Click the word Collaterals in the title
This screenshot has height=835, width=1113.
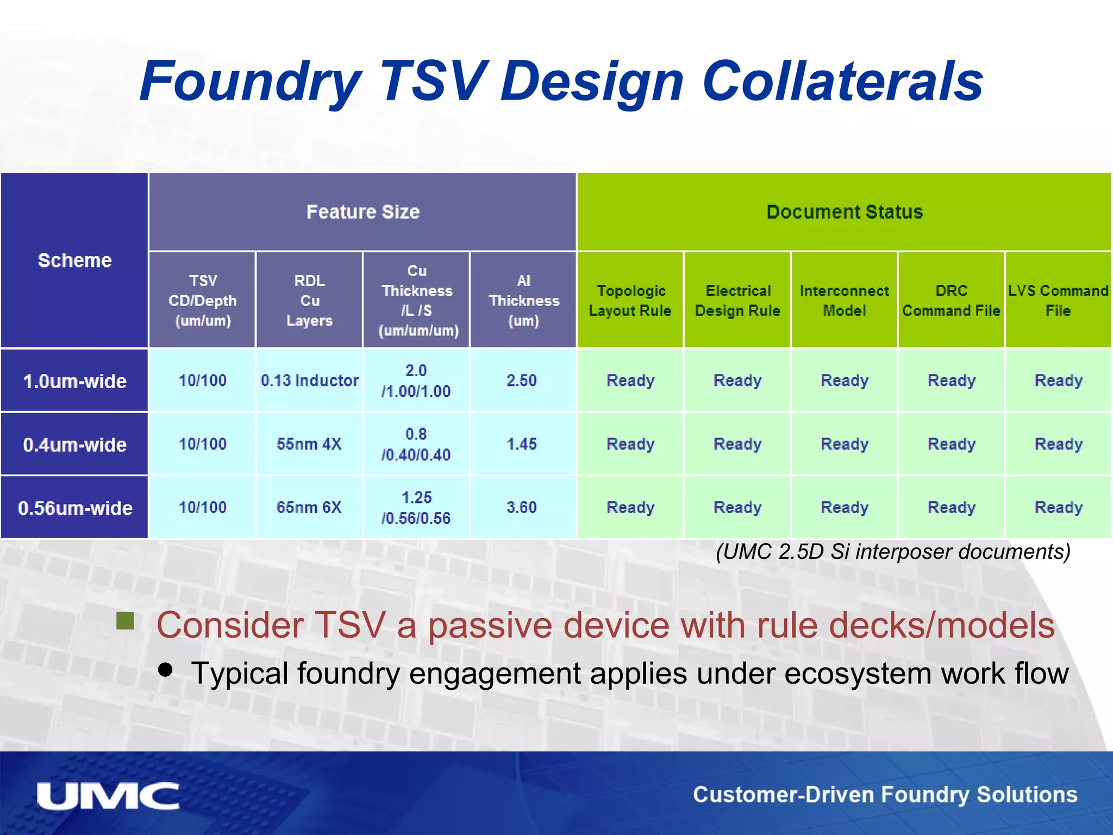point(842,82)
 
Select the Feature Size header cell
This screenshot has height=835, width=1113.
point(362,211)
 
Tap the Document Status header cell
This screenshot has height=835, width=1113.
point(844,211)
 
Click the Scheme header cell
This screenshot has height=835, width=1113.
point(74,260)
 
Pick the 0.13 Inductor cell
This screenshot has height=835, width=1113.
point(309,380)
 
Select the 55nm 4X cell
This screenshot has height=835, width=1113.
point(309,444)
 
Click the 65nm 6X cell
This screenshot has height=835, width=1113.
point(309,507)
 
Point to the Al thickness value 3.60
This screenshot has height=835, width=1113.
point(522,507)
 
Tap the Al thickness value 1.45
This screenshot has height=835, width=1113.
point(522,444)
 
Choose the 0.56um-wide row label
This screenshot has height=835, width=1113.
point(74,508)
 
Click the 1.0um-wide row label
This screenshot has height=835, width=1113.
point(74,381)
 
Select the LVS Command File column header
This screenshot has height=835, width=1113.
point(1058,300)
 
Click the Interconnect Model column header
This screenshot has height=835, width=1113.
point(844,300)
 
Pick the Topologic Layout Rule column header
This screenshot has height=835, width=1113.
point(630,300)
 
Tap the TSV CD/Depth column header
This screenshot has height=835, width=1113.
point(202,300)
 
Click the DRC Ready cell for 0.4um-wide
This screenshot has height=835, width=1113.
point(951,444)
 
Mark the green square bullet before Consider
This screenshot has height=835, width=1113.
point(126,621)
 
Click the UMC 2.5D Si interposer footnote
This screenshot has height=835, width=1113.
point(893,551)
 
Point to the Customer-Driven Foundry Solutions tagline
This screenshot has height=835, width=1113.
point(885,794)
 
